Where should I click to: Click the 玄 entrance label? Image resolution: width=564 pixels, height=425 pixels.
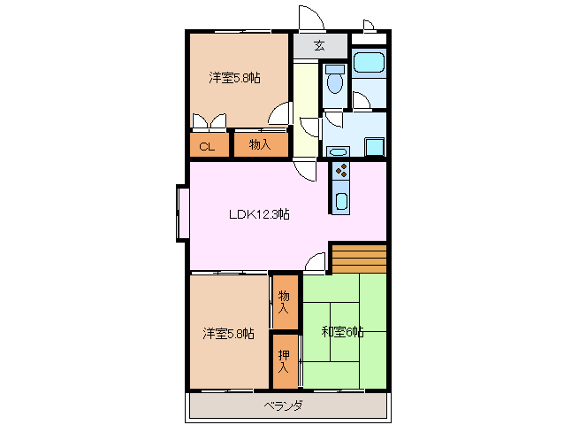318,45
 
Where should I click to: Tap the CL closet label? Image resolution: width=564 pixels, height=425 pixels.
207,146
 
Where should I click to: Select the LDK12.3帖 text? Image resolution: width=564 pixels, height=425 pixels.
259,214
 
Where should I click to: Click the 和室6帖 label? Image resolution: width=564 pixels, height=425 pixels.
343,332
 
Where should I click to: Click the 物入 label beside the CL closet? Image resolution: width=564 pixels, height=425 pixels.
260,144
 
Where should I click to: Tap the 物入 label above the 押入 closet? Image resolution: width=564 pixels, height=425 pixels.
284,302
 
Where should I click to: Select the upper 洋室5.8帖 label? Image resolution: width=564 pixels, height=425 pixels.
234,78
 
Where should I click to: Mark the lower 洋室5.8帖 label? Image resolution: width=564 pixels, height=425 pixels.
228,333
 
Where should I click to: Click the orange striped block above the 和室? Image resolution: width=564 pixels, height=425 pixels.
359,258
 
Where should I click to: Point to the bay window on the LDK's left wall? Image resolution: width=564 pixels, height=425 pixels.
181,212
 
